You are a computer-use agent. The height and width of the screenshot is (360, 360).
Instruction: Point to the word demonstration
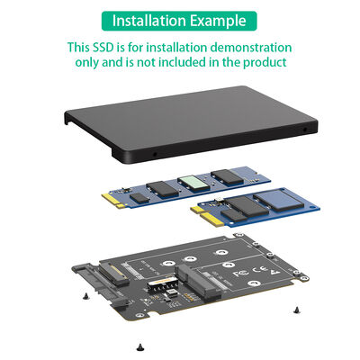(249, 46)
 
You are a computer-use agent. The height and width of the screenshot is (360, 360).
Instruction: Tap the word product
(264, 63)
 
